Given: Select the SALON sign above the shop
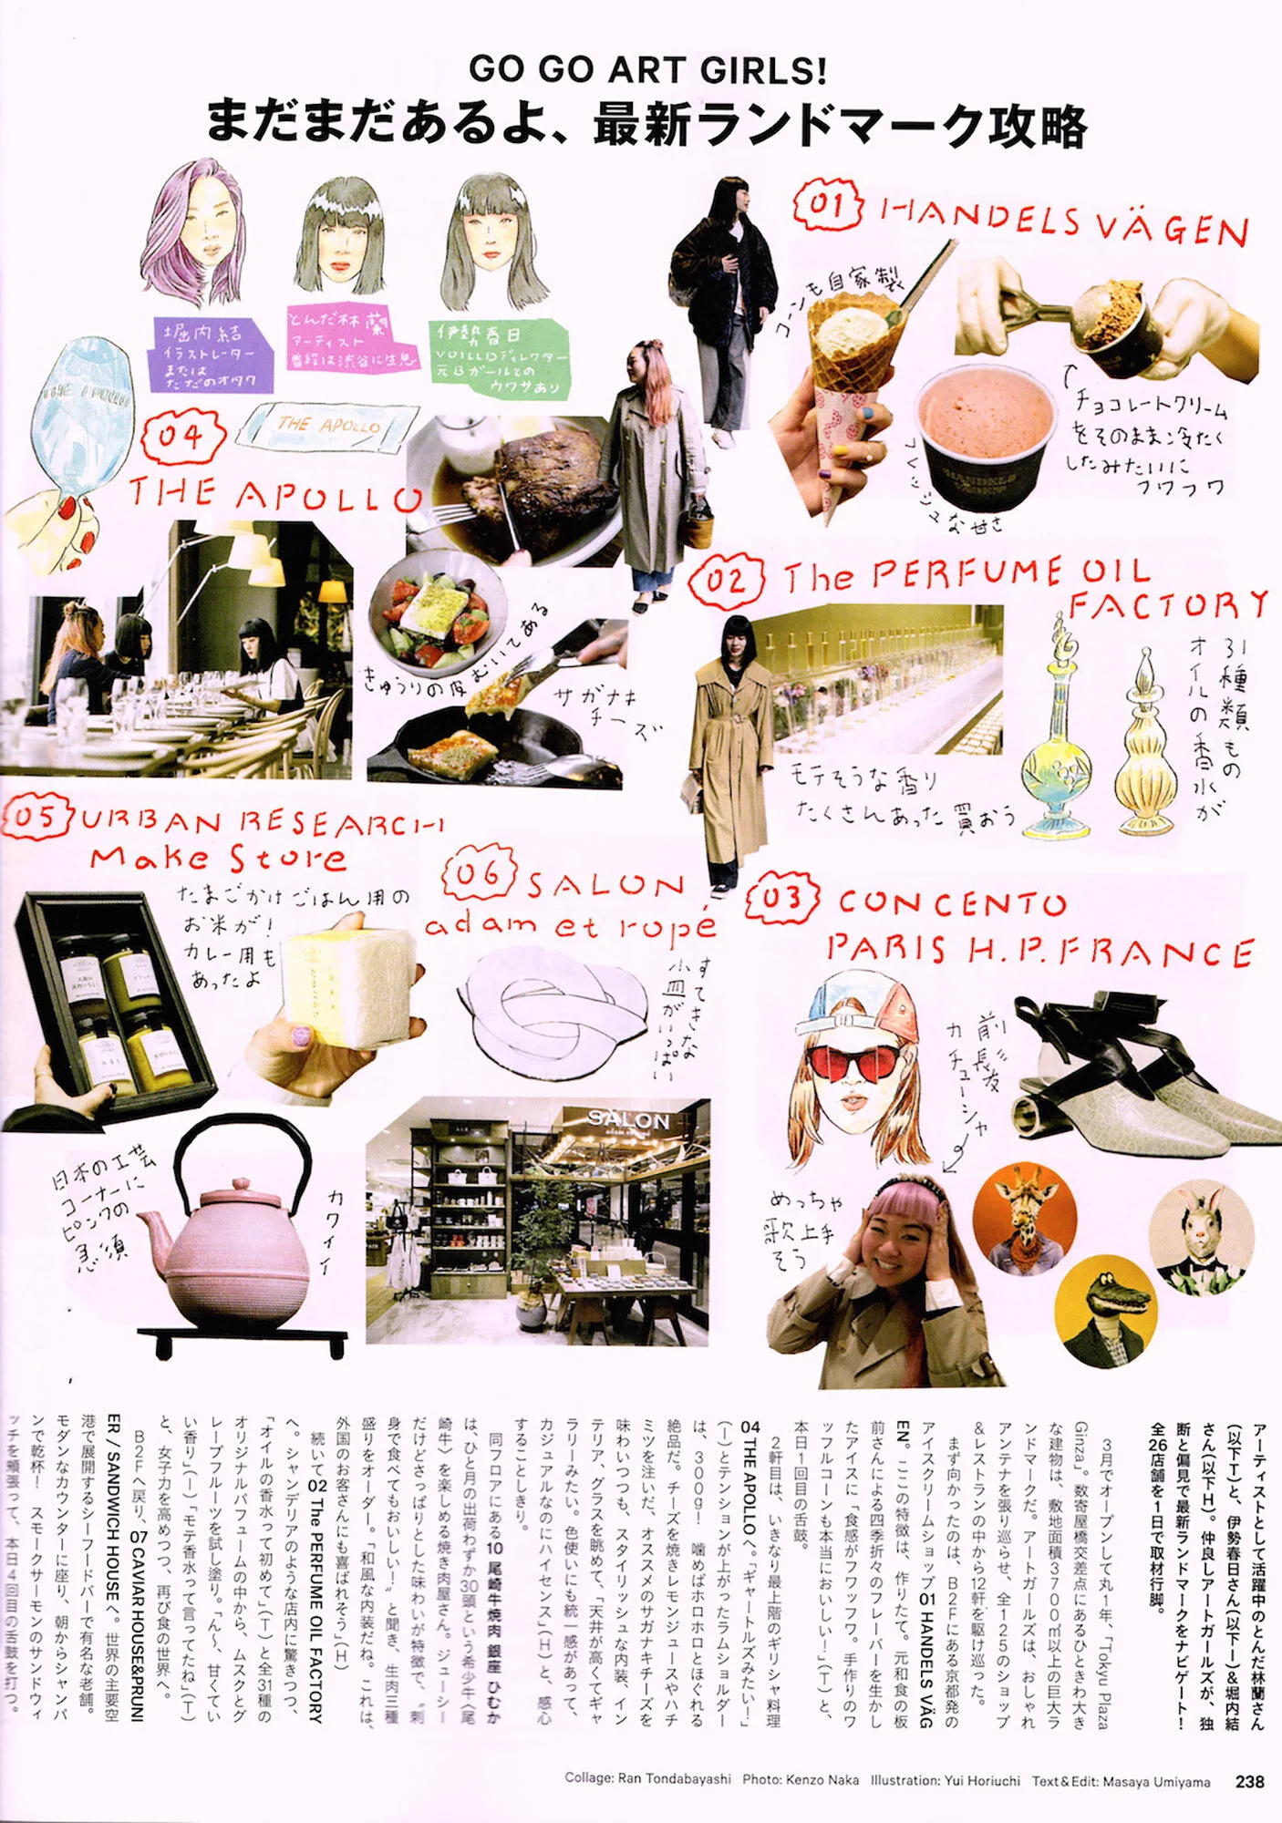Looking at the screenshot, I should click(628, 1119).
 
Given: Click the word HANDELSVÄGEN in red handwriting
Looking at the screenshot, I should click(1063, 221).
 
